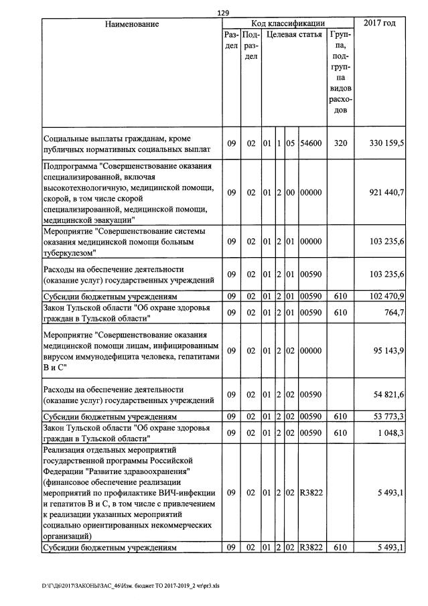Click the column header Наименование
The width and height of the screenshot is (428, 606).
tap(131, 24)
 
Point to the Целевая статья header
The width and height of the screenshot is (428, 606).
tap(294, 34)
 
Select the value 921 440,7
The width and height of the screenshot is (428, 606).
tap(385, 192)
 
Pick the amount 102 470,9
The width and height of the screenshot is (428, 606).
tap(385, 295)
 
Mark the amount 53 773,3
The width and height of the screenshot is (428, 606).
tap(386, 416)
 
